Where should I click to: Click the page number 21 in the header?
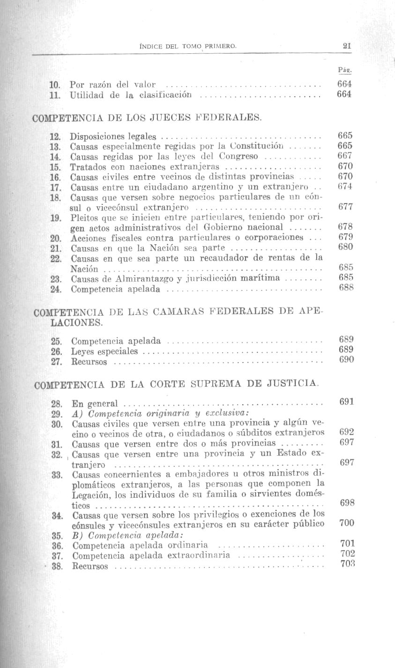pos(347,46)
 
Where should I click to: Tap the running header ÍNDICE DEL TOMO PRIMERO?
pos(188,46)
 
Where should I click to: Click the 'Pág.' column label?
pos(344,70)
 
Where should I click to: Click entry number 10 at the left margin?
pos(55,85)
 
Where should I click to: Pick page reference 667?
pos(345,156)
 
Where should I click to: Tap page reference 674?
pos(345,186)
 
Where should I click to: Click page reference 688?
pos(346,288)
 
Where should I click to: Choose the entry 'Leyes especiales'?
pos(104,351)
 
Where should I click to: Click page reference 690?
pos(346,360)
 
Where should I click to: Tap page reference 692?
pos(346,433)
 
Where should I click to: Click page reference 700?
pos(347,523)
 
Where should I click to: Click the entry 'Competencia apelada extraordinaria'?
pos(151,555)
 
